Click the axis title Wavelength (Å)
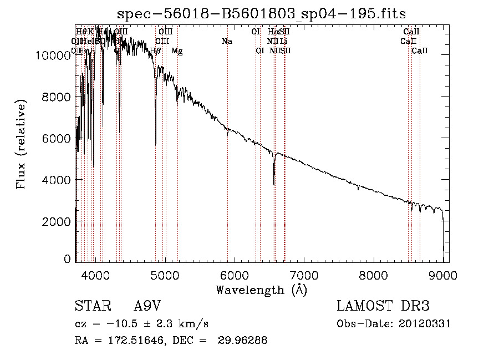pos(261,289)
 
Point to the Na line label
pos(226,41)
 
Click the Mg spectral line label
pos(177,50)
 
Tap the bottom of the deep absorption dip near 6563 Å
pos(274,184)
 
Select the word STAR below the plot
pos(91,307)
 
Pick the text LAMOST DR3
pos(383,307)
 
